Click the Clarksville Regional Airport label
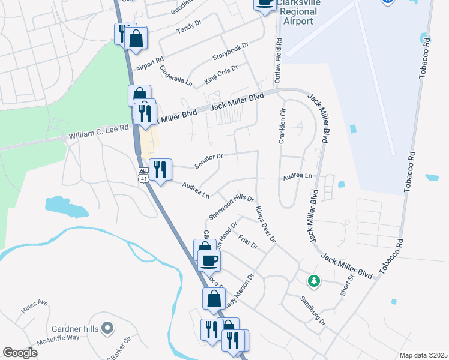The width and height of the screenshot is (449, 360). tap(298, 12)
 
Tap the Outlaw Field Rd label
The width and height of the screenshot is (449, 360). tap(278, 61)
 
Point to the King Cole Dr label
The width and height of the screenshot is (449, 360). tap(221, 75)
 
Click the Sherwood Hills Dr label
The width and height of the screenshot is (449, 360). tap(231, 206)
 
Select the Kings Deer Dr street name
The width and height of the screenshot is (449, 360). tap(265, 224)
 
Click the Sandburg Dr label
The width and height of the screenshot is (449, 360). tap(312, 310)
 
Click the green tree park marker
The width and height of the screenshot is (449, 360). tap(313, 280)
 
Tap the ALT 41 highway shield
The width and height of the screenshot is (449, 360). tap(143, 175)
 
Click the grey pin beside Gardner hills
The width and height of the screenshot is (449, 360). tap(107, 328)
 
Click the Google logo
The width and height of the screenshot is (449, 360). tap(20, 353)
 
